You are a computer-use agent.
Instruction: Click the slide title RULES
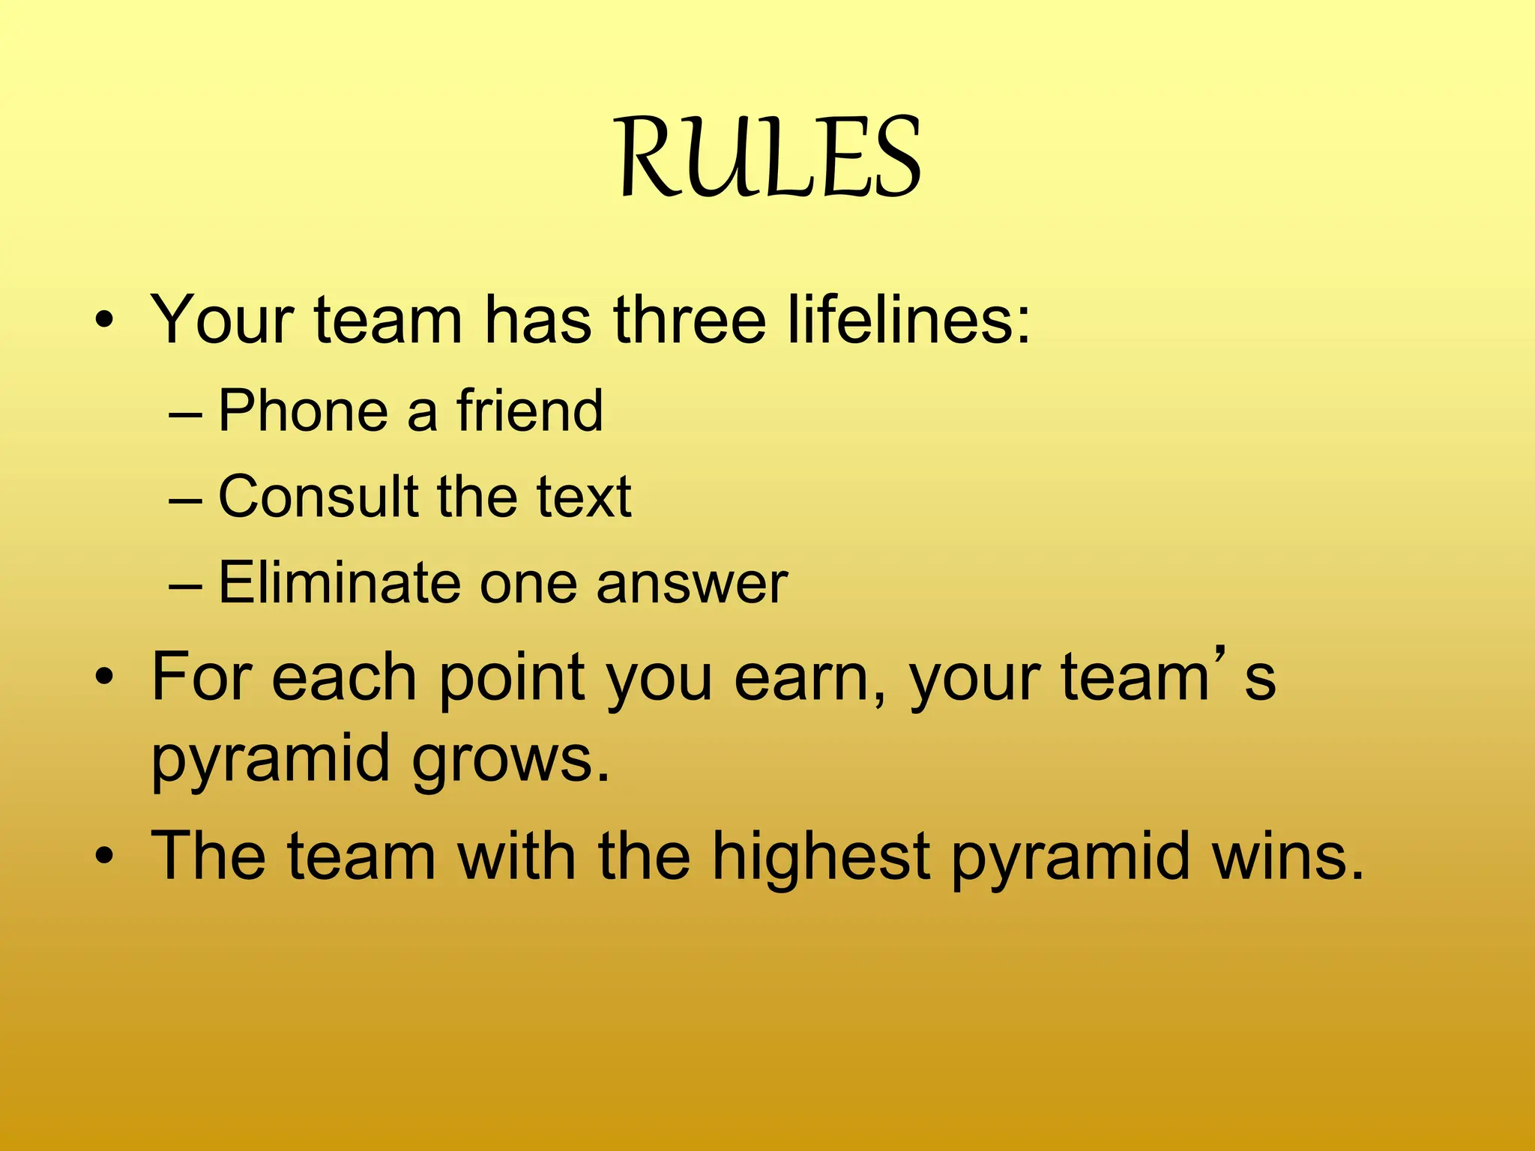pos(770,158)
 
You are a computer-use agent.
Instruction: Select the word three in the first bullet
pos(690,321)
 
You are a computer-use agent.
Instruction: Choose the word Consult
pos(318,496)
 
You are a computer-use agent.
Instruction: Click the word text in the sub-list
pos(584,496)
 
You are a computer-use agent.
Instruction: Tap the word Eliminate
pos(339,582)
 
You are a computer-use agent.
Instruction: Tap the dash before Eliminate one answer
pos(185,584)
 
